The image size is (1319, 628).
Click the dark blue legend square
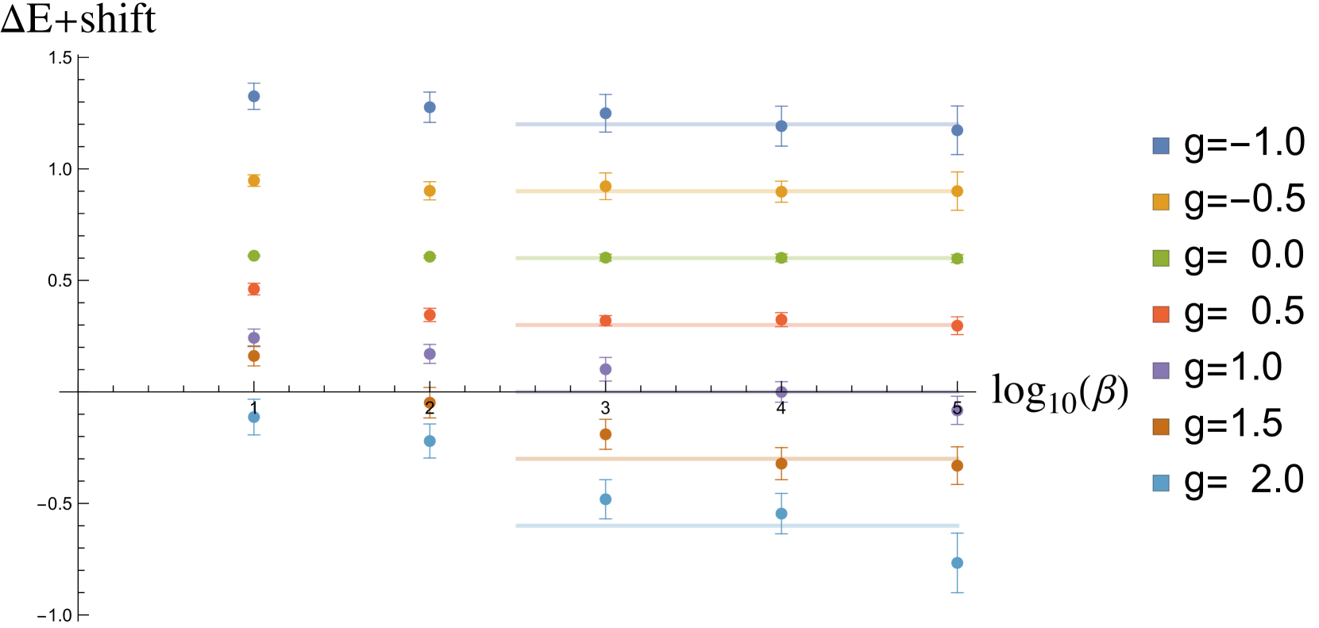(1160, 145)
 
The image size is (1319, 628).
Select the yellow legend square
(1160, 202)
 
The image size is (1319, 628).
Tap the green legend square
(1160, 258)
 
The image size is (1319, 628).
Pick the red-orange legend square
(1160, 314)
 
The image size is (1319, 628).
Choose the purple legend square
(1160, 371)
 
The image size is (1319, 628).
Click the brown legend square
(1160, 427)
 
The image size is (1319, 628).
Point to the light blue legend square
(1160, 483)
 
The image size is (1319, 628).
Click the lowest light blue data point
(957, 563)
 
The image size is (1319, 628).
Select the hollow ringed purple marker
(957, 410)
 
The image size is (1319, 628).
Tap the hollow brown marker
(430, 403)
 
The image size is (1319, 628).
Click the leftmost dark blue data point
(254, 96)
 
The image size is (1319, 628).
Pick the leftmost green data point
(254, 256)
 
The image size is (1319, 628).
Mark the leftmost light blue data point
(254, 417)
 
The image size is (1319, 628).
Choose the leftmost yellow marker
(254, 181)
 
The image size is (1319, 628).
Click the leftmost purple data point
(254, 337)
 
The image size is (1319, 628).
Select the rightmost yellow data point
(957, 191)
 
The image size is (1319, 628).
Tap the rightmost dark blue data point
(957, 130)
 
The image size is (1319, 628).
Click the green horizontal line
(691, 258)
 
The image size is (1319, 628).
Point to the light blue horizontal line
(691, 526)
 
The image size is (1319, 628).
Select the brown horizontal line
(691, 459)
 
